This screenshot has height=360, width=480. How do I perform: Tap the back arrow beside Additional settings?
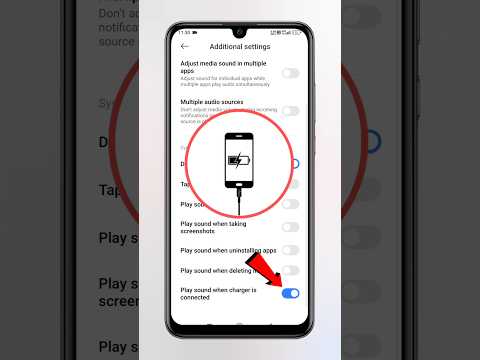point(184,47)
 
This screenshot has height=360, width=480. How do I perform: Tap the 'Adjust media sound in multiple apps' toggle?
point(290,73)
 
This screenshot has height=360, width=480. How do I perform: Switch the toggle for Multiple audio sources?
point(290,111)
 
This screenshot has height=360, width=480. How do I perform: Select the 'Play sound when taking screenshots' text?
point(214,227)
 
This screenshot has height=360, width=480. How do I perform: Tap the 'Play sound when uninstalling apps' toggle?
point(290,250)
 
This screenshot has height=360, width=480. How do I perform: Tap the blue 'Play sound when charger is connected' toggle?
point(290,293)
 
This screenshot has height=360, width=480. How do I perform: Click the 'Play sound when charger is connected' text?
point(218,293)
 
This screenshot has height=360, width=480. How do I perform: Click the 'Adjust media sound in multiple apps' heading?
point(224,66)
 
